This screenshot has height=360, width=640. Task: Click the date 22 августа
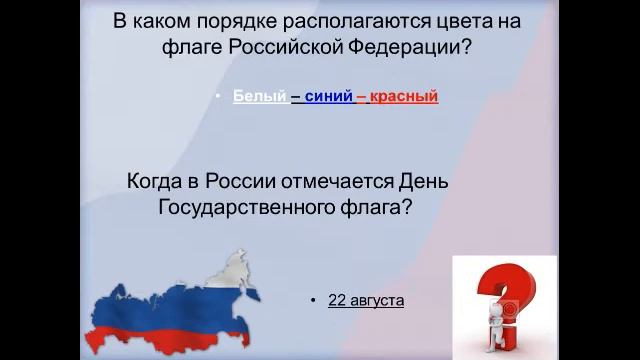(366, 299)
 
